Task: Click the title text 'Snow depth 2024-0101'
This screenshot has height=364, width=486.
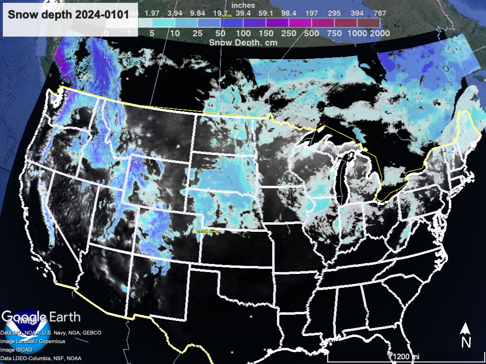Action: coord(68,15)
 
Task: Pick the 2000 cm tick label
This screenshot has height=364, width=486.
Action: coord(381,33)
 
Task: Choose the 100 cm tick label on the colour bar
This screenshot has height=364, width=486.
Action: coord(243,33)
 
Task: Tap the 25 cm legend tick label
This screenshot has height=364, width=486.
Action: coord(196,33)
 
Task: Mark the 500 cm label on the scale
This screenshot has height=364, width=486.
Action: coord(311,33)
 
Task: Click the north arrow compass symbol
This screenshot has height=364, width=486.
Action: coord(466,335)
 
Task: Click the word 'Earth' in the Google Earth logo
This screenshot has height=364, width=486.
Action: coord(64,317)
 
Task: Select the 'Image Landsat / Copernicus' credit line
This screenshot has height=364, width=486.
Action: coord(33,341)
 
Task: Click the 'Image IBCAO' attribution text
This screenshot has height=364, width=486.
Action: coord(17,349)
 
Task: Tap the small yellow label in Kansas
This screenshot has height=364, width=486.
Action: coord(209,231)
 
